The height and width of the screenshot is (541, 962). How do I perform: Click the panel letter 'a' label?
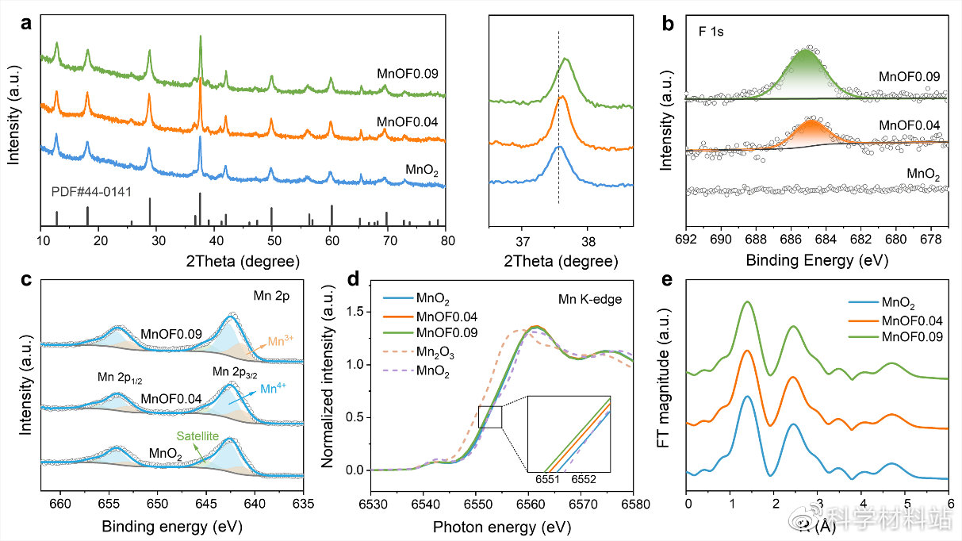(27, 24)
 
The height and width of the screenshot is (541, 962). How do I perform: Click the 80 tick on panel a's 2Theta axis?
(447, 239)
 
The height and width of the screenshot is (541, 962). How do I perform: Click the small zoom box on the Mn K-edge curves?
(490, 416)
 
